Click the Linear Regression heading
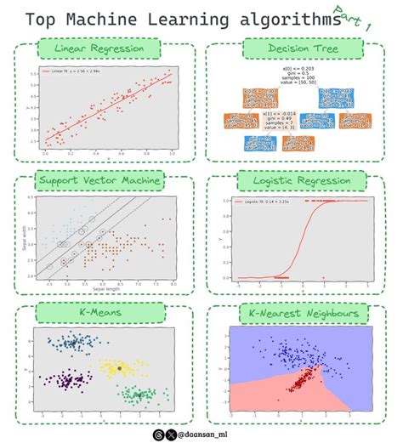[x=98, y=49]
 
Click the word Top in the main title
[x=45, y=20]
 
